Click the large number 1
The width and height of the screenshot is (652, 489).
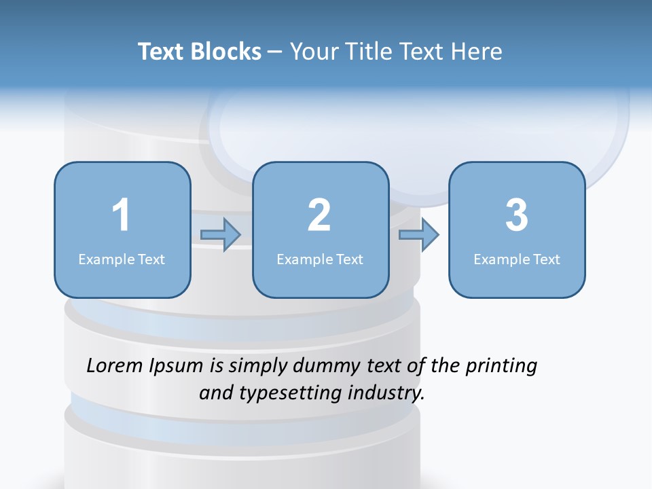[121, 215]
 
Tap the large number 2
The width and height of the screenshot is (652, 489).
[319, 215]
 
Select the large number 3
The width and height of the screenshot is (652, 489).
[517, 215]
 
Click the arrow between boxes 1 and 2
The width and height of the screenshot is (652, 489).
[221, 235]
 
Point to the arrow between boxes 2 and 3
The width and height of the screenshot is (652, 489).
[419, 235]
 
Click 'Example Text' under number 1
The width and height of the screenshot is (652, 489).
[122, 259]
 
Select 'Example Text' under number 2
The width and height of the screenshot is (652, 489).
[320, 259]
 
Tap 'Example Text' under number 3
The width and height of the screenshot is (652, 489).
[517, 259]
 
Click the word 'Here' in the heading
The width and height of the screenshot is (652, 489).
[477, 52]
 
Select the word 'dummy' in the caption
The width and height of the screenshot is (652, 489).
[323, 367]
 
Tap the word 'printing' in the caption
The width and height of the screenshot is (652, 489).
[501, 367]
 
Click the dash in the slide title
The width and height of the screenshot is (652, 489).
[276, 52]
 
